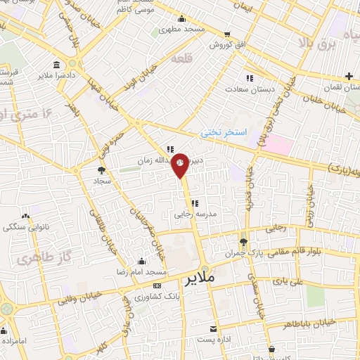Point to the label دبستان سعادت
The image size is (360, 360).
[247, 89]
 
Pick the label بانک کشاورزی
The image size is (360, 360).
[159, 297]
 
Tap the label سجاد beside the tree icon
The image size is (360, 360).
[102, 181]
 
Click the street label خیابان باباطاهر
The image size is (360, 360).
[327, 322]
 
